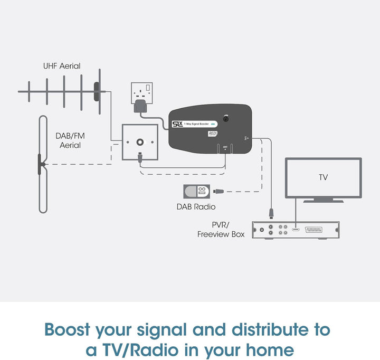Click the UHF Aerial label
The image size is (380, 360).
62,67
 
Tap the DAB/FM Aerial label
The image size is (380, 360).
70,140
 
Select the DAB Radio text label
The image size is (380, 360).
196,207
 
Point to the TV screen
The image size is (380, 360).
323,177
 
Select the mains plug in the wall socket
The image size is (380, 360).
142,106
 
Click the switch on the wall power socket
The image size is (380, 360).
149,88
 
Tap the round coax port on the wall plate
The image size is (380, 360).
140,142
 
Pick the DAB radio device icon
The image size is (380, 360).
196,192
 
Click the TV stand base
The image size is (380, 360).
323,200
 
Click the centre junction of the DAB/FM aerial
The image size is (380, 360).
41,165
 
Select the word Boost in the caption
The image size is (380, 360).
68,330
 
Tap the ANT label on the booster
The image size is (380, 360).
225,147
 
